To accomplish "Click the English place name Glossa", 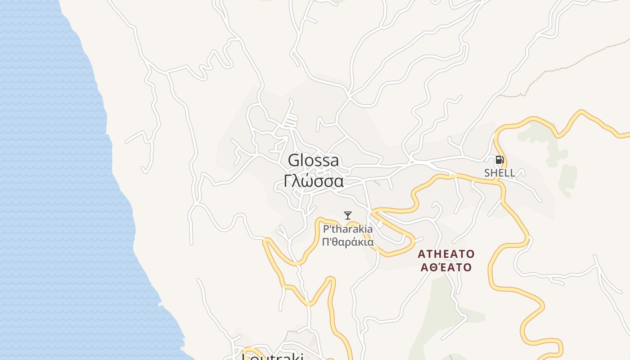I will point(313,161).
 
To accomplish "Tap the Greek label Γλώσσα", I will point(314,181).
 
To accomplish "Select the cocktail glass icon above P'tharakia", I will point(347,216).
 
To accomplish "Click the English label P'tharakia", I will point(348,229).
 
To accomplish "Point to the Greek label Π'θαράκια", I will point(348,242).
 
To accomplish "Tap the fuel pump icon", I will point(499,160).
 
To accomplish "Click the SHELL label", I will point(499,173).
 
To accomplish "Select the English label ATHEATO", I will point(446,254).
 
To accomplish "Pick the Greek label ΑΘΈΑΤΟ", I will point(446,267).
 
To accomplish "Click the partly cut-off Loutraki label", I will point(273,357).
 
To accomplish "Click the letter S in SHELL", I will point(487,173).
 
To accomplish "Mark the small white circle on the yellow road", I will point(380,224).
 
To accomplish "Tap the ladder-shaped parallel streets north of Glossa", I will point(290,121).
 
